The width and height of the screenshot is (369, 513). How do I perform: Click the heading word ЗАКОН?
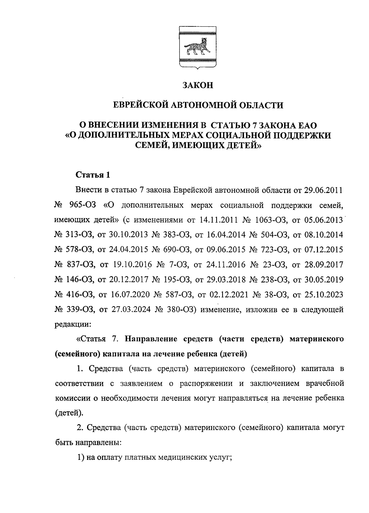(x=198, y=85)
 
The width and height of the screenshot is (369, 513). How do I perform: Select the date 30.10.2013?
(x=129, y=235)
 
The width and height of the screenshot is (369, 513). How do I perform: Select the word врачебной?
(x=324, y=384)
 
